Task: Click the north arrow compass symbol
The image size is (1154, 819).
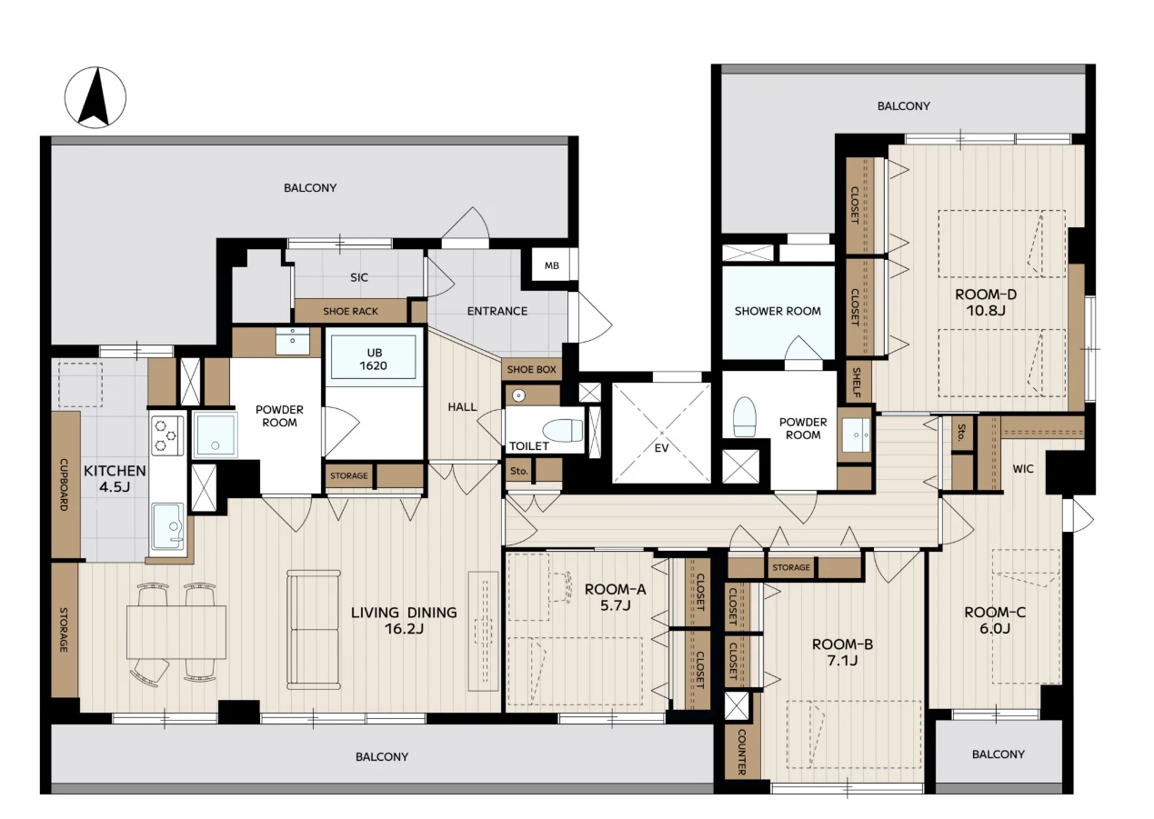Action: [95, 97]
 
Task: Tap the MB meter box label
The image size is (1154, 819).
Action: [552, 265]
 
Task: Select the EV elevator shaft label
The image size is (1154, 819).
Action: [661, 448]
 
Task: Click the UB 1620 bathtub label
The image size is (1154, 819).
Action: [374, 360]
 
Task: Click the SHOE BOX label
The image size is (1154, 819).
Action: [531, 370]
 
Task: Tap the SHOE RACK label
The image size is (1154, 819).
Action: [350, 311]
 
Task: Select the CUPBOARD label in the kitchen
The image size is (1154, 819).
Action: [65, 484]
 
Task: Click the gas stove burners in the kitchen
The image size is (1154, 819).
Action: [167, 435]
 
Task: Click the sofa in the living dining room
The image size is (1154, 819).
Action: [314, 629]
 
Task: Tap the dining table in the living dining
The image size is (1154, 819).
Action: [176, 632]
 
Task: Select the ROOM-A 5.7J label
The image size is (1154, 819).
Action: [615, 597]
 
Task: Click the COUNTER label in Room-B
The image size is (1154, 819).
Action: [741, 752]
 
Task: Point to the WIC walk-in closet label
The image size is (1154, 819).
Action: [1023, 469]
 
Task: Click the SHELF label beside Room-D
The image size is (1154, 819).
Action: [856, 382]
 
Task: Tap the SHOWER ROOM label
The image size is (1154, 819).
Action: [778, 311]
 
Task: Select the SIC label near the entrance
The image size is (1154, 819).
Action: [359, 277]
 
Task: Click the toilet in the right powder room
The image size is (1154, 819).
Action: [744, 416]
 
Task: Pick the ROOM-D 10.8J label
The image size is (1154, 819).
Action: [986, 303]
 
